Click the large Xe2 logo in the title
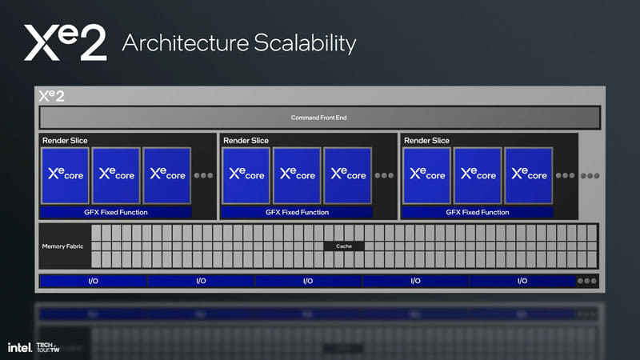click(65, 42)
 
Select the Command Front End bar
click(319, 118)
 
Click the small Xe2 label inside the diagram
click(52, 96)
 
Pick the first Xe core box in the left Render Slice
click(65, 175)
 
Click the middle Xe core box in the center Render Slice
click(297, 175)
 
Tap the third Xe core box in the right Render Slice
click(529, 175)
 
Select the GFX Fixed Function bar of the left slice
click(116, 212)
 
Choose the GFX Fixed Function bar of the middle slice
click(297, 212)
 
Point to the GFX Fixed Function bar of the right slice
click(478, 212)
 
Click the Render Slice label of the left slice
click(65, 141)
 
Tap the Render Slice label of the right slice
click(426, 141)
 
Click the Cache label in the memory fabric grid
click(344, 246)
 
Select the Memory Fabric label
click(62, 246)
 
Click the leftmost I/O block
click(93, 281)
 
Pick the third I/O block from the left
click(308, 281)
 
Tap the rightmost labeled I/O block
click(522, 281)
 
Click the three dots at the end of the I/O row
click(587, 281)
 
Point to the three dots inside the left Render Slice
click(204, 175)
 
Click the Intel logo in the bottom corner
click(19, 348)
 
